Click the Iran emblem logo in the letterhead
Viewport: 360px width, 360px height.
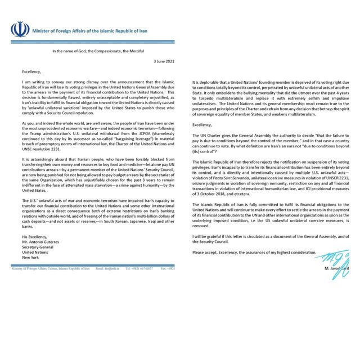19,29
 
